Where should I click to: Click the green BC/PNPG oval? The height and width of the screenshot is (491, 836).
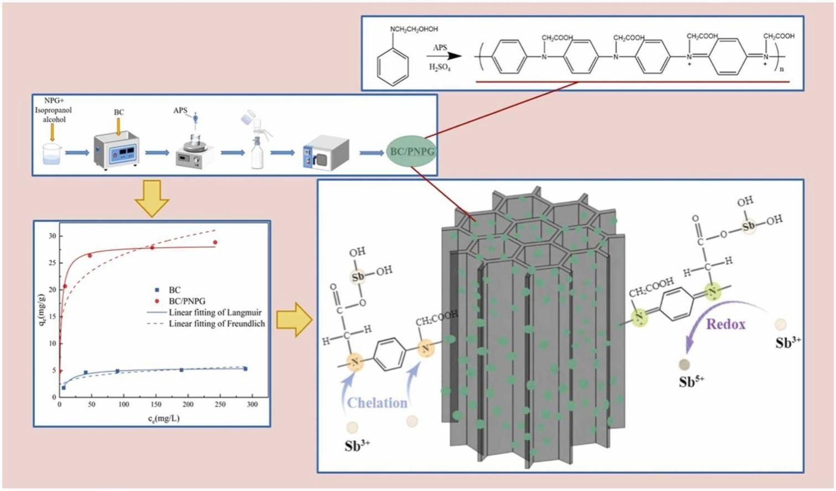point(411,151)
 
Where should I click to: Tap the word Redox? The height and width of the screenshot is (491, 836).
point(725,324)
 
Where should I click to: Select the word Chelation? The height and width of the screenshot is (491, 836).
point(377,403)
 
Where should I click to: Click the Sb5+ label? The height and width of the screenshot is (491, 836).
point(691,381)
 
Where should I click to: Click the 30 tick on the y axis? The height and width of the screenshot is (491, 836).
point(52,236)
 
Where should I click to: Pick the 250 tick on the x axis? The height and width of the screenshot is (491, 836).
point(220,405)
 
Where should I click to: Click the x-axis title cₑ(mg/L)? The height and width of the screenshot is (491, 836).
point(163,418)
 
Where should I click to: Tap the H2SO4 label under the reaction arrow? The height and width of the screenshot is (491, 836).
point(440,68)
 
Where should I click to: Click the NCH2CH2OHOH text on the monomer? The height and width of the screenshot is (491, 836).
point(414,29)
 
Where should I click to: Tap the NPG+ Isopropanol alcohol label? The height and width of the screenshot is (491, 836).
point(53,110)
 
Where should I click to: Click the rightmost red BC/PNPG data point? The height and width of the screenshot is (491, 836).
point(215,242)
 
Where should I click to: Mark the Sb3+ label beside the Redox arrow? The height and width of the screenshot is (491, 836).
point(788,343)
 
